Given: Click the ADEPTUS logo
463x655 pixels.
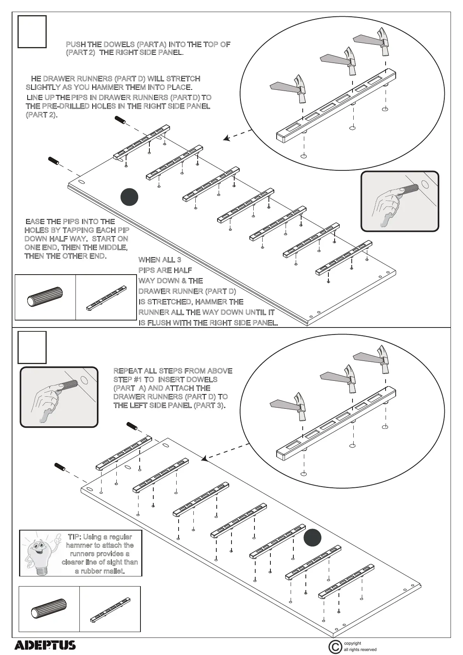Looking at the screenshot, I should coord(45,646).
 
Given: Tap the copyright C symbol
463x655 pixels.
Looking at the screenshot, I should coord(335,647).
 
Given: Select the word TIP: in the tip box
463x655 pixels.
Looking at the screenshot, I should coord(74,537).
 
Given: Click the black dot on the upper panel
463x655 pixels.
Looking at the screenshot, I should coord(129,197).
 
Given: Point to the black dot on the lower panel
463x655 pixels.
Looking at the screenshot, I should coord(312,538).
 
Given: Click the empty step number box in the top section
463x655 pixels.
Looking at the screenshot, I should coord(32,32).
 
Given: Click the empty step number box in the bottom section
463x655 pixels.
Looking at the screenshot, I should coord(32,347).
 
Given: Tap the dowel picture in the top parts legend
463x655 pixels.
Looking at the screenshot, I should coord(45,297).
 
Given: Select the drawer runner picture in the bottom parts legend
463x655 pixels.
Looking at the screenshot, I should coord(110,609).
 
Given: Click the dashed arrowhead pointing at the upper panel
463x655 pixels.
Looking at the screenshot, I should coord(226,138).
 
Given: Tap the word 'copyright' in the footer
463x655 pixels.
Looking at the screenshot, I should coord(353,643).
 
